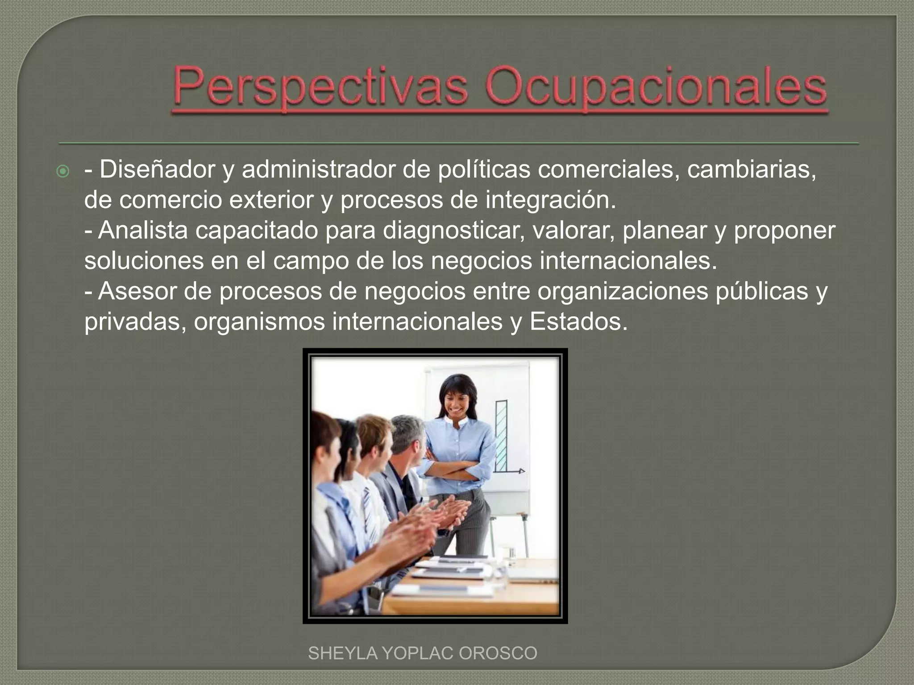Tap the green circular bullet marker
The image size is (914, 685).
coord(64,171)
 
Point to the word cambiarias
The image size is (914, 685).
coord(751,170)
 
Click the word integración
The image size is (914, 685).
coord(550,200)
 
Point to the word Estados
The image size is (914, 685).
coord(578,322)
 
